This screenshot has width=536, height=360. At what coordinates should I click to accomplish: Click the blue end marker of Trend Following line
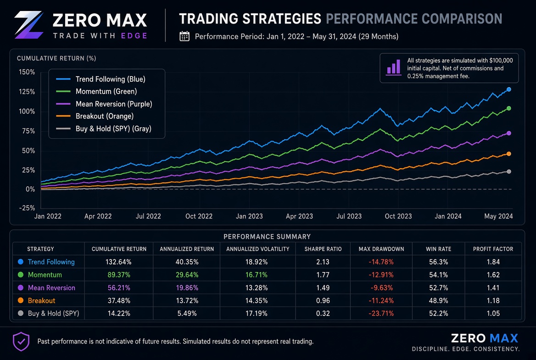coord(508,90)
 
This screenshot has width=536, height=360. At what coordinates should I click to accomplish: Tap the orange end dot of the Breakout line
coord(508,154)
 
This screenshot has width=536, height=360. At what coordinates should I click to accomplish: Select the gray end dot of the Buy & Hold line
coord(508,171)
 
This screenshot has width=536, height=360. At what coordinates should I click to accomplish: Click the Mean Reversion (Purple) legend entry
coord(104,104)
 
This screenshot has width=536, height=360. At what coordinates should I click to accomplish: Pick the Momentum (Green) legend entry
coord(97,91)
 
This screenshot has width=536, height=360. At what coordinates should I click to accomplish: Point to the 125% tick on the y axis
coord(27,92)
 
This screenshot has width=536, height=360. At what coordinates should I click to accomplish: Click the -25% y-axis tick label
coord(27,208)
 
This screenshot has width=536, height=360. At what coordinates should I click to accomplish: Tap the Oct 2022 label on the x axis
coord(199,216)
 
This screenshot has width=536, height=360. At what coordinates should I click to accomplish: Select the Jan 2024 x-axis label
coord(448,216)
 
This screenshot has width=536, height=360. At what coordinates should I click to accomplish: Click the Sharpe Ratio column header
coord(323,249)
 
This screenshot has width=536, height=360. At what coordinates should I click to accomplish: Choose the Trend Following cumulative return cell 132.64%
coord(118,262)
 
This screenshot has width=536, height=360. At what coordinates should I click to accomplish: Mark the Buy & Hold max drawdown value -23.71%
coord(381,314)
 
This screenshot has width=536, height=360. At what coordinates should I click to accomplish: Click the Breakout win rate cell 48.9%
coord(439,300)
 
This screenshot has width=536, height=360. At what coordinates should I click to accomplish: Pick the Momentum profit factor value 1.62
coord(493,275)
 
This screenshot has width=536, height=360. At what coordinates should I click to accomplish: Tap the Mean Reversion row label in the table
coord(51,288)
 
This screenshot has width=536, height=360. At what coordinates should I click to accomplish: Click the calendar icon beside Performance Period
coord(184,36)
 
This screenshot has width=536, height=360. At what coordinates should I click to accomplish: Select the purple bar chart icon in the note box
coord(394,67)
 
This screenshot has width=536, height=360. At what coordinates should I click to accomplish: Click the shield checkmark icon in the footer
coord(21,342)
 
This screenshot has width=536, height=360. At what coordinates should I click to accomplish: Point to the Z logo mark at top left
coord(29,25)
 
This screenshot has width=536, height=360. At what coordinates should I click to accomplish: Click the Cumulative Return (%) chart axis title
coord(56,58)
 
